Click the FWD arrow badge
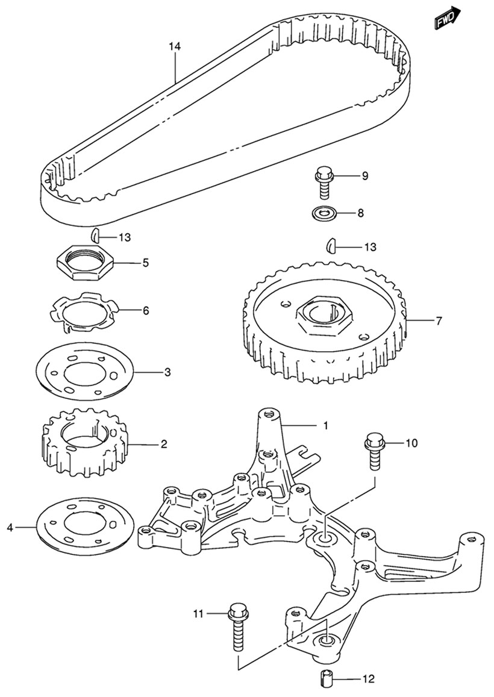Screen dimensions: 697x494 [448, 18]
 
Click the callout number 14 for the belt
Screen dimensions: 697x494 [174, 46]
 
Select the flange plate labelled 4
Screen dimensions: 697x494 [84, 524]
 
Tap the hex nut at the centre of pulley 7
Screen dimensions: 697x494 [322, 314]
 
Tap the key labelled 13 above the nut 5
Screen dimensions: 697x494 [95, 235]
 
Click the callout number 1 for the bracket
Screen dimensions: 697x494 [325, 426]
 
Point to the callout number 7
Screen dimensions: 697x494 [439, 321]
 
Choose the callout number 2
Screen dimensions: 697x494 [163, 445]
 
